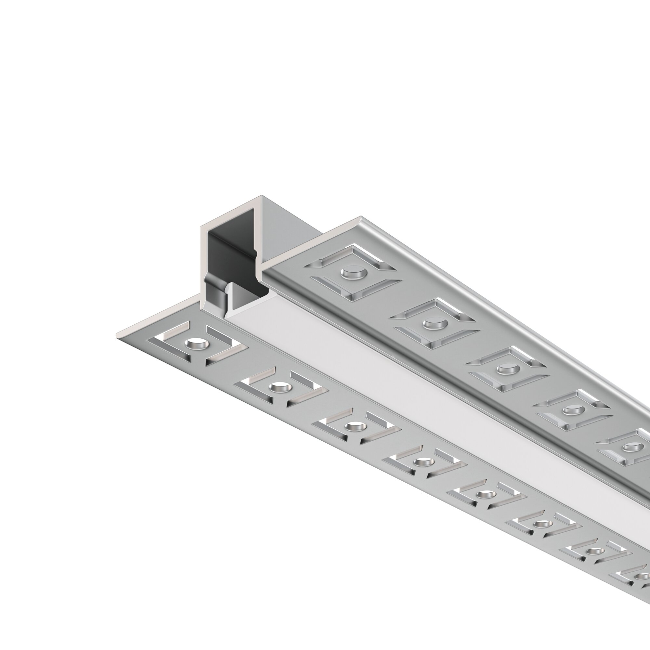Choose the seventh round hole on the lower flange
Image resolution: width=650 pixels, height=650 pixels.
(x=594, y=551)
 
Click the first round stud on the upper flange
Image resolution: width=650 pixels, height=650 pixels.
(x=353, y=273)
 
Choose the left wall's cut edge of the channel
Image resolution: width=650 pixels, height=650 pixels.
(x=203, y=262)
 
